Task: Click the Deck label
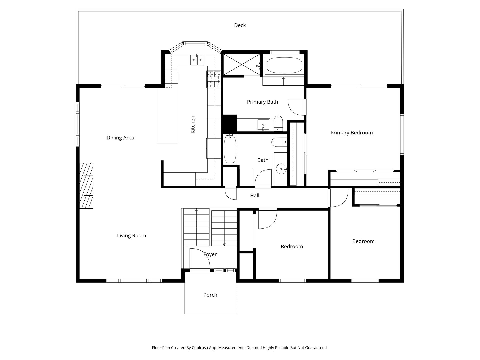pyautogui.click(x=240, y=25)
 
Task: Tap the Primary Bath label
pyautogui.click(x=262, y=102)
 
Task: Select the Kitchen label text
pyautogui.click(x=193, y=124)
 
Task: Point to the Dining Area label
pyautogui.click(x=120, y=138)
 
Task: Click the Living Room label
pyautogui.click(x=132, y=236)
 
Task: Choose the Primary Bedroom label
pyautogui.click(x=352, y=133)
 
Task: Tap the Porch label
pyautogui.click(x=210, y=295)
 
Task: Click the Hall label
pyautogui.click(x=255, y=195)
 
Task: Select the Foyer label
pyautogui.click(x=210, y=254)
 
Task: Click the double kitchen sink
pyautogui.click(x=197, y=60)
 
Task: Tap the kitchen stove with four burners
pyautogui.click(x=214, y=79)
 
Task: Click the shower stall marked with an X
pyautogui.click(x=242, y=64)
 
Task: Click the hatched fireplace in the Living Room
pyautogui.click(x=86, y=186)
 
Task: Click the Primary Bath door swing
pyautogui.click(x=296, y=107)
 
